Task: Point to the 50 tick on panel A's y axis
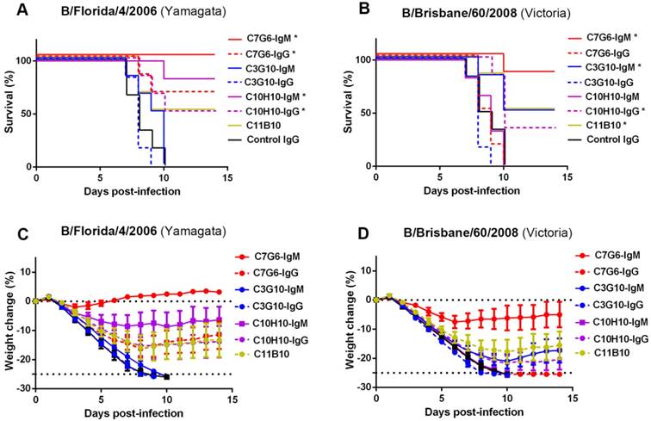24,114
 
